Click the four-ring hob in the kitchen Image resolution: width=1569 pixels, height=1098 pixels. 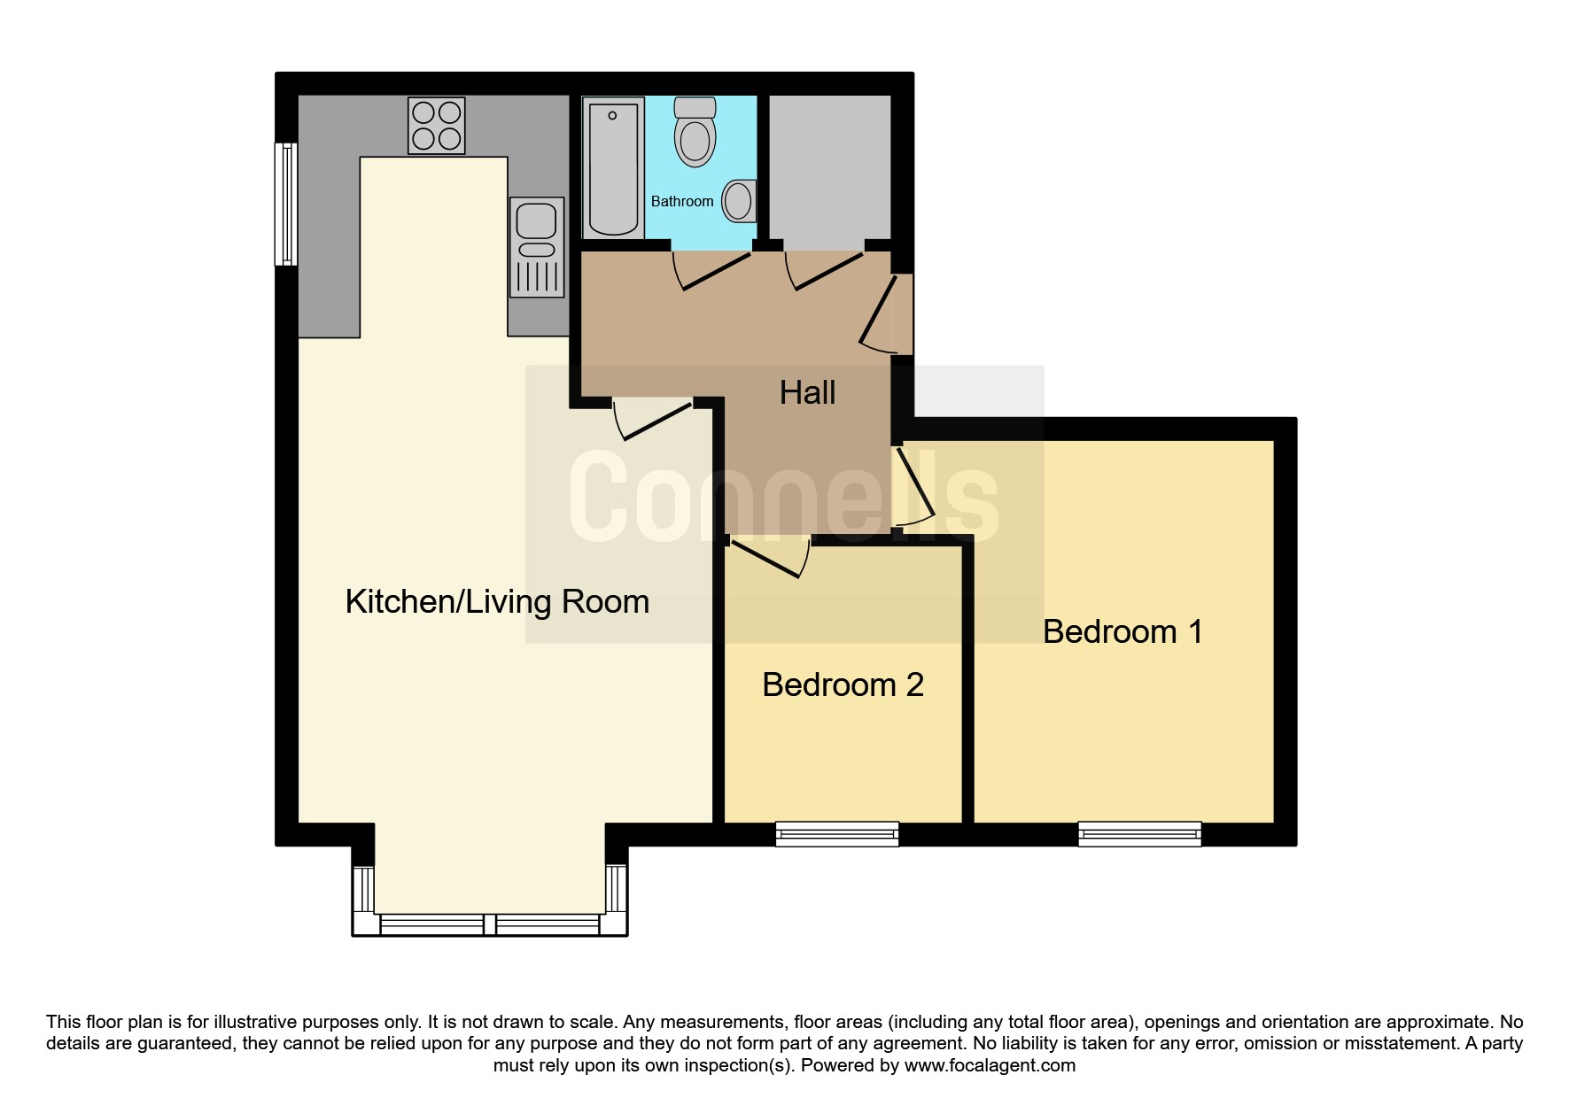coord(436,126)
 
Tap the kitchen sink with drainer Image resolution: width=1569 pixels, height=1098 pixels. coord(537,246)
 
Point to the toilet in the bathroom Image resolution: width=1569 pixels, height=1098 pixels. coord(695,133)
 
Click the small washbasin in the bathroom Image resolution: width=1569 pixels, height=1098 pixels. coord(739,201)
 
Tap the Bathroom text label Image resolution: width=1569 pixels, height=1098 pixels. coord(682,202)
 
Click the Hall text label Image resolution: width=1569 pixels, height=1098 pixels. coord(807,393)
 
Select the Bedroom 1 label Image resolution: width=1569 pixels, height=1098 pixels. coord(1122,632)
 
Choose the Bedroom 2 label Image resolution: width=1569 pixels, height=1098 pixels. coord(843,685)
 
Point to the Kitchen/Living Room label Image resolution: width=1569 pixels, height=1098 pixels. coord(497,602)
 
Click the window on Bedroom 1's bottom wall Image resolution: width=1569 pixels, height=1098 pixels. coord(1139,833)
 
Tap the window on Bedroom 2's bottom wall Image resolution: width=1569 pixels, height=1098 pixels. coord(837,833)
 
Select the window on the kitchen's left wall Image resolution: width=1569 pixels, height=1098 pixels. coord(286,204)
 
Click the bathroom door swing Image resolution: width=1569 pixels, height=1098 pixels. coord(712,270)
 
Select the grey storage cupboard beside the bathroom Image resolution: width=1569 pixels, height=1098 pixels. coord(829,166)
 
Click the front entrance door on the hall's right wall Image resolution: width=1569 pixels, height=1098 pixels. coord(887,313)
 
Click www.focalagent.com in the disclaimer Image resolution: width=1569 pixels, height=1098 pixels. coord(990,1066)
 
